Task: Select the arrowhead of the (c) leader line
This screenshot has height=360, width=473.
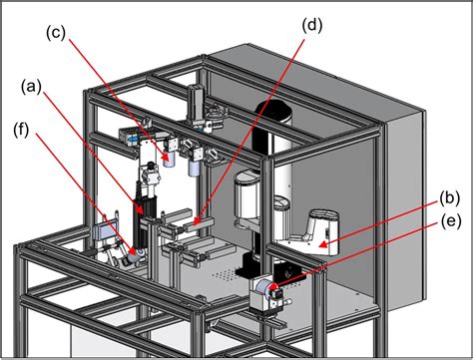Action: pyautogui.click(x=160, y=160)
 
